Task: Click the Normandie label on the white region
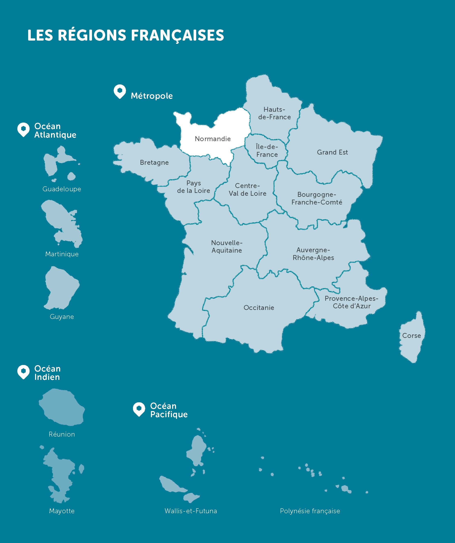tap(213, 139)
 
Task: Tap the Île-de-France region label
tap(267, 150)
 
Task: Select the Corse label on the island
tap(411, 336)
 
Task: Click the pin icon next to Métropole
tap(120, 92)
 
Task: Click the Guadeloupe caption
tap(62, 189)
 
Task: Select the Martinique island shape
tap(62, 222)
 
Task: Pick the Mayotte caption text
tap(62, 511)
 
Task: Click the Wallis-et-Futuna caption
tap(191, 511)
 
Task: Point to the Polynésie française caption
tap(310, 511)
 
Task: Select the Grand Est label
tap(332, 152)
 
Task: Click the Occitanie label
tap(259, 308)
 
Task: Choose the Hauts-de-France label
tap(275, 113)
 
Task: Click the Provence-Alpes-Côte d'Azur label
tap(351, 302)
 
